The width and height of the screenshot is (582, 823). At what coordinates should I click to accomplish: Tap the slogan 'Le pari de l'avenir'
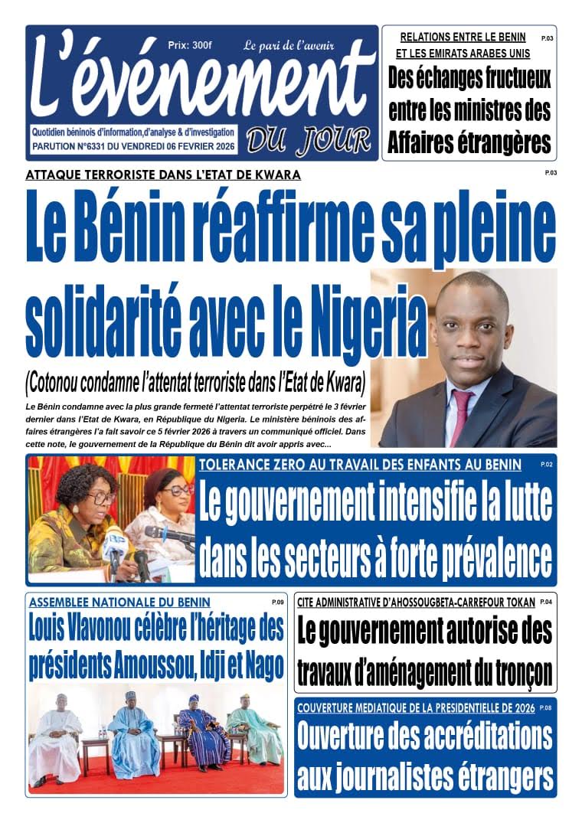289,45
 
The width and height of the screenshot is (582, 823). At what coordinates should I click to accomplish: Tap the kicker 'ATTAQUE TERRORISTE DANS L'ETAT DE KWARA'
163,175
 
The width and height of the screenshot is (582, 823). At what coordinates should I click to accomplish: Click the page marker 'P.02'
546,465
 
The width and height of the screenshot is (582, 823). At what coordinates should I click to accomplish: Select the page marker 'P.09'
277,603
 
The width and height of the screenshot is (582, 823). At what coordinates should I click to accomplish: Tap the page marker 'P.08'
545,708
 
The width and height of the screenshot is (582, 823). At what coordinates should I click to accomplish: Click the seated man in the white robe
56,739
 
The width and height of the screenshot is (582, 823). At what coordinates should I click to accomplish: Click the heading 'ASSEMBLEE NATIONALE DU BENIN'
119,603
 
